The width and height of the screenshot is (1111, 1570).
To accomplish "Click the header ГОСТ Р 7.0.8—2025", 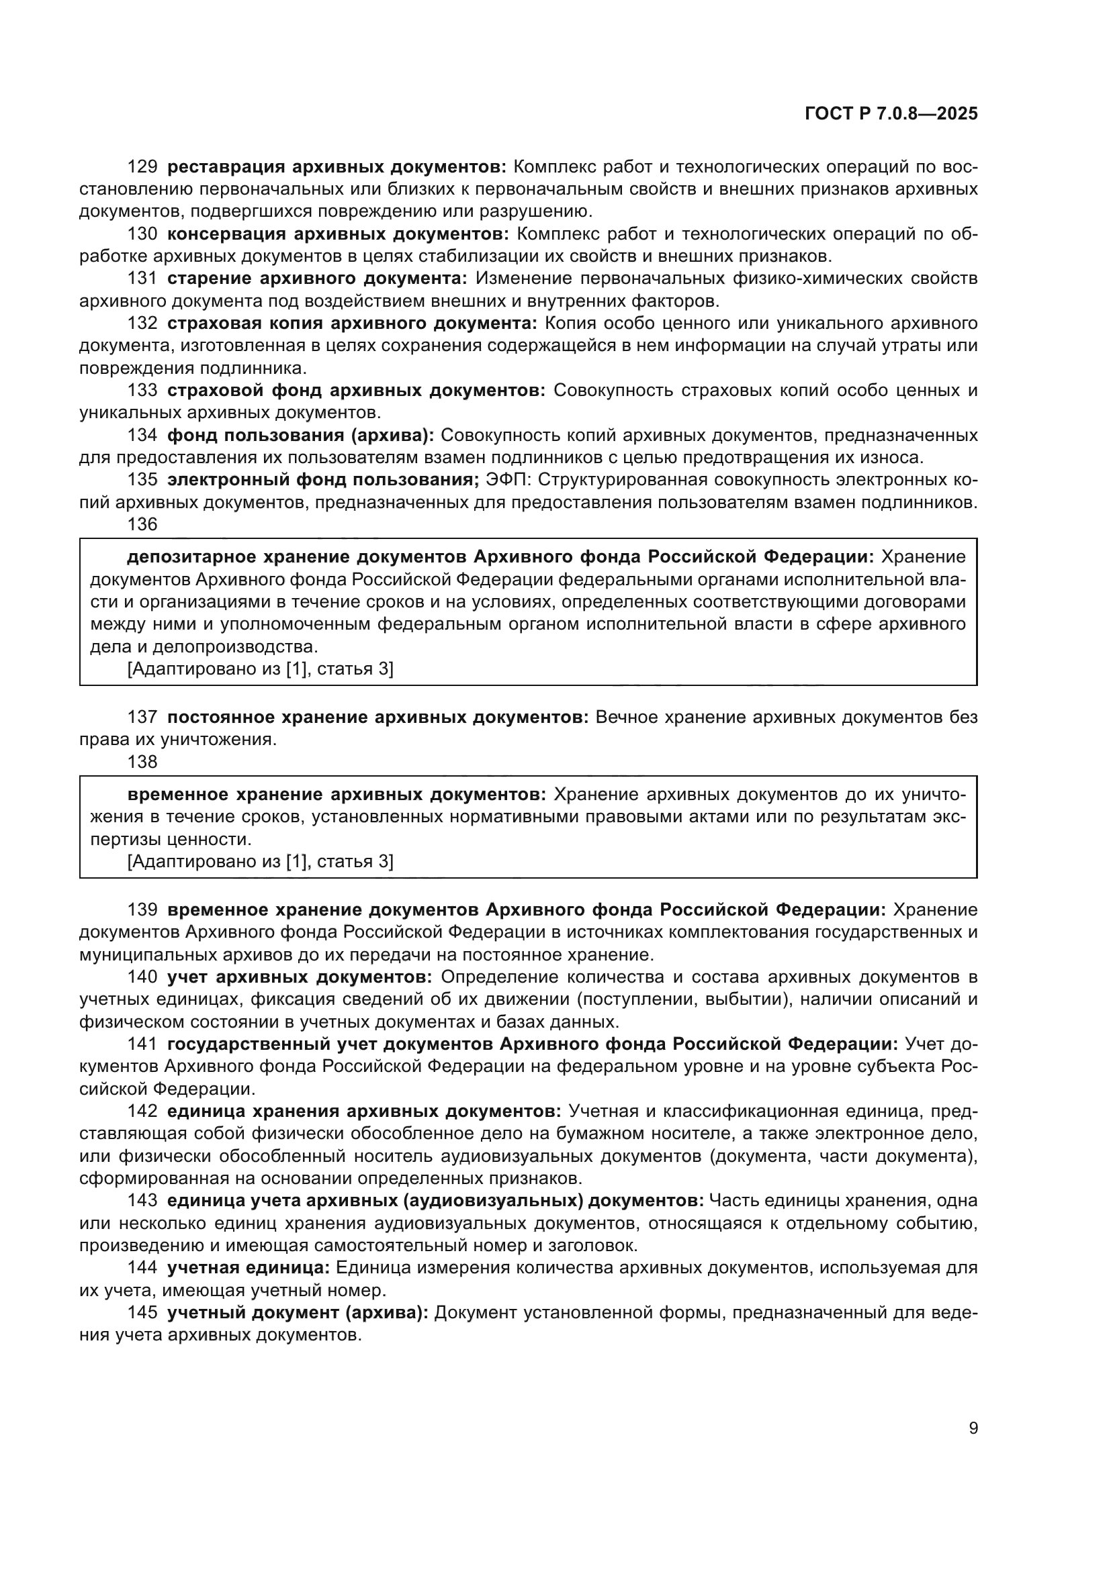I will (x=891, y=113).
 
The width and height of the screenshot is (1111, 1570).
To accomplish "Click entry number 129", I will (x=142, y=167).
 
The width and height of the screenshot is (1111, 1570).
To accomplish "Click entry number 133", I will (x=142, y=391).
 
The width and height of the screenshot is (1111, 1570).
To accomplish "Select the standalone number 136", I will (x=142, y=524).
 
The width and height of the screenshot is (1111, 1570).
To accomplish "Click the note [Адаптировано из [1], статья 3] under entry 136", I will (x=260, y=669).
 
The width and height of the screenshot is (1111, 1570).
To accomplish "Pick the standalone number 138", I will (x=142, y=762).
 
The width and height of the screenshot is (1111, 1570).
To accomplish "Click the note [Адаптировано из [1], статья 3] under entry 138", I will (x=260, y=862).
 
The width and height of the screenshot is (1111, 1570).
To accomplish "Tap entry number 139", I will (x=142, y=910).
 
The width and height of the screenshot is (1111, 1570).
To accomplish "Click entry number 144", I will (x=142, y=1268).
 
